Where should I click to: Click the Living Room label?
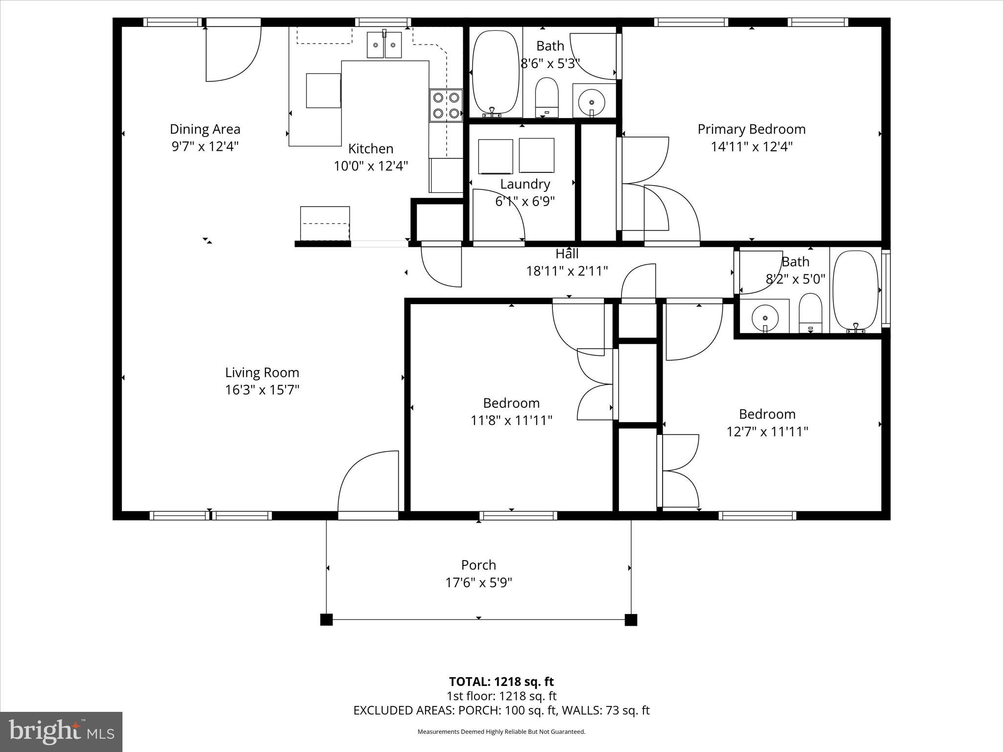click(262, 373)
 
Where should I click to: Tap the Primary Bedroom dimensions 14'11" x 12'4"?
click(751, 146)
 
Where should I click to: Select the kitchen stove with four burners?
click(446, 105)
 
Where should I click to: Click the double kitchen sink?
click(384, 45)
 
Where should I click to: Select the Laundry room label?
click(525, 184)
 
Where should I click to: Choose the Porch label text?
click(478, 565)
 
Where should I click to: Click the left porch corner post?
click(326, 620)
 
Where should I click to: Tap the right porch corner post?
click(631, 620)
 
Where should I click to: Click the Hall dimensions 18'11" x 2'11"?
click(567, 271)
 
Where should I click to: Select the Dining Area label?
click(205, 129)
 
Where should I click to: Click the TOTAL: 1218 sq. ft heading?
click(501, 681)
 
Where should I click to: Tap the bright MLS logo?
click(61, 732)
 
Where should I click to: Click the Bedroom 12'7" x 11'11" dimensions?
click(767, 431)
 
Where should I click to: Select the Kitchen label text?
click(370, 148)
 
